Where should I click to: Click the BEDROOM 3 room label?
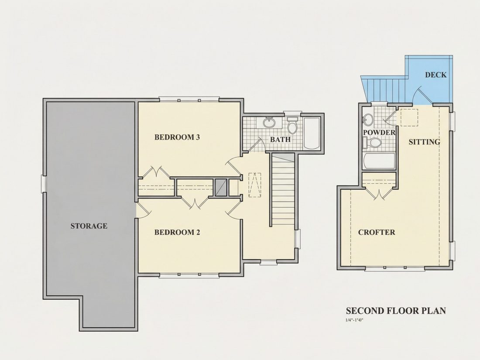click(x=177, y=137)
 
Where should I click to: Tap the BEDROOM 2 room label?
click(x=177, y=232)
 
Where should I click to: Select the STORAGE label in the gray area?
click(x=89, y=226)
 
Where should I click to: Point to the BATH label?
click(x=280, y=140)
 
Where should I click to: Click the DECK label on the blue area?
click(x=435, y=75)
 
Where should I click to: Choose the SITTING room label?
click(x=424, y=142)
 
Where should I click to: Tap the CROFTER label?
click(x=377, y=232)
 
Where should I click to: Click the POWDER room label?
click(x=379, y=133)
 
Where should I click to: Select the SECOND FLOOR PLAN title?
click(x=396, y=311)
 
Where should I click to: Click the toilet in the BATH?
click(x=293, y=125)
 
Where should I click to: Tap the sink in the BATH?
click(x=269, y=123)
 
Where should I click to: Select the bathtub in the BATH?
click(x=312, y=133)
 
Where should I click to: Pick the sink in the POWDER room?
click(x=368, y=120)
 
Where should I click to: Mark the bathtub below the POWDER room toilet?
click(x=379, y=161)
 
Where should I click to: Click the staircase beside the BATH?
click(x=283, y=190)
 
